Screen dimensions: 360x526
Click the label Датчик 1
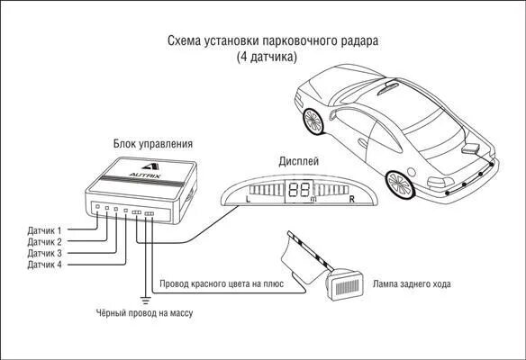pyautogui.click(x=46, y=231)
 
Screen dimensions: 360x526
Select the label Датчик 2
pyautogui.click(x=46, y=242)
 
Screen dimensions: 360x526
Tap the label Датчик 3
pyautogui.click(x=46, y=254)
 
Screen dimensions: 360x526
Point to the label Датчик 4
pyautogui.click(x=46, y=265)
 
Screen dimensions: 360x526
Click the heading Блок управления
pyautogui.click(x=152, y=143)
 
